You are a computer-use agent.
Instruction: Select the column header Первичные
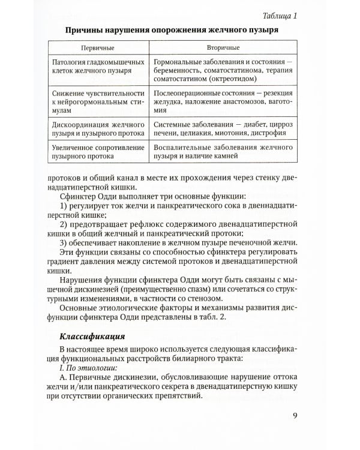pos(98,47)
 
